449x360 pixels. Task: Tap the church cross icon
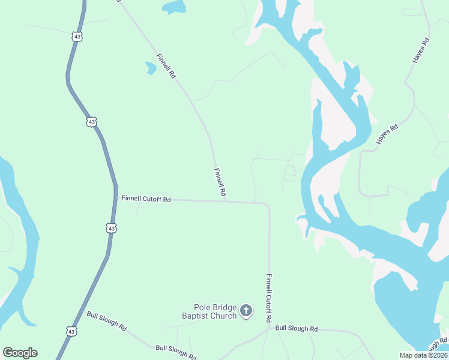click(246, 311)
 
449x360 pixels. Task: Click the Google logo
click(20, 353)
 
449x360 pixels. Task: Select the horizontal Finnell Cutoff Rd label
click(146, 199)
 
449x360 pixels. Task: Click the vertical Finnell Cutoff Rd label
click(273, 298)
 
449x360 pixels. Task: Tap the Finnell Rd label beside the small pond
click(166, 67)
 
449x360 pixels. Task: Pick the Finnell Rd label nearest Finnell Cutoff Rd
click(220, 182)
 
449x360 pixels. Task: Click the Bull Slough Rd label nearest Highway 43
click(106, 322)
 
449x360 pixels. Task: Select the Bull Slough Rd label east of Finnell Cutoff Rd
click(296, 328)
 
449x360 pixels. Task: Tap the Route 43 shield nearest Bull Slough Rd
click(71, 331)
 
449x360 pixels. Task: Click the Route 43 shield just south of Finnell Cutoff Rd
click(111, 228)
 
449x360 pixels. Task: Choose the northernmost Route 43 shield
click(76, 37)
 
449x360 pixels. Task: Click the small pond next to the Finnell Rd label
click(150, 68)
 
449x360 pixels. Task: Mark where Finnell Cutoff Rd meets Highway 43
click(115, 198)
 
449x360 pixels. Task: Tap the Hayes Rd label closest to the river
click(387, 134)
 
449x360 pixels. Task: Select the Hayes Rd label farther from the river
click(421, 51)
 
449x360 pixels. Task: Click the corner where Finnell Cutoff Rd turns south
click(268, 205)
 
